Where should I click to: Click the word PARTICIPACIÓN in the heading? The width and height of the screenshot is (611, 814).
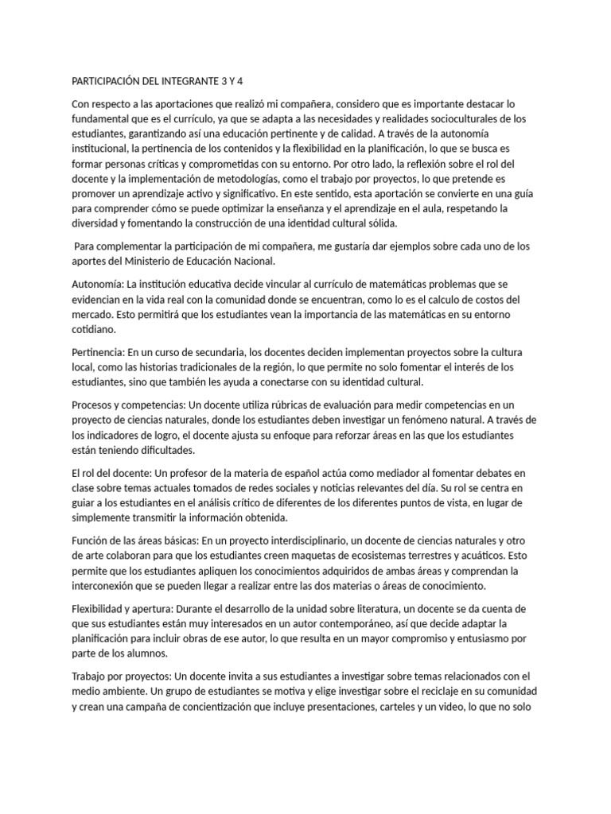(x=108, y=81)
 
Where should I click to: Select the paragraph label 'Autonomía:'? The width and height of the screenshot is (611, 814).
(x=98, y=285)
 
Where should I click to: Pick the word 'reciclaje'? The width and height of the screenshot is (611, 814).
(x=418, y=691)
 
